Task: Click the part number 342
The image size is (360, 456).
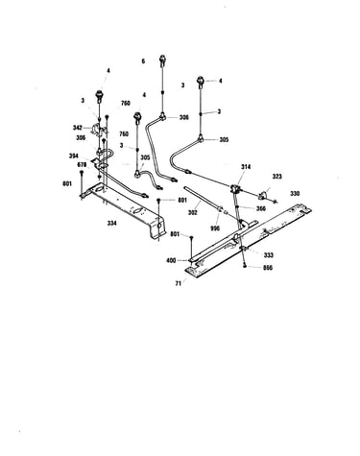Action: (78, 128)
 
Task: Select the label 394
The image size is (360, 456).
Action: (74, 156)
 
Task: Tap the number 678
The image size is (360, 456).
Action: (83, 164)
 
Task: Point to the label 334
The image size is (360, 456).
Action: (111, 223)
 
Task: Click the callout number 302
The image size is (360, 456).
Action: (193, 213)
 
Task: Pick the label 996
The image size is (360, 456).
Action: (215, 228)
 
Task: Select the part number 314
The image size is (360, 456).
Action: (246, 167)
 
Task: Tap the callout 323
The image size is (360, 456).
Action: (277, 176)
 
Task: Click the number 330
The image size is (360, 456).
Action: (295, 193)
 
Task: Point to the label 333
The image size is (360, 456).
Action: (269, 255)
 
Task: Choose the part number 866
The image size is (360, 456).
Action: (268, 268)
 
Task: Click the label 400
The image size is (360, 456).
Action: (171, 260)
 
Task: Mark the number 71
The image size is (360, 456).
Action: (179, 283)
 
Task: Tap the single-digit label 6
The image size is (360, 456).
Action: (143, 61)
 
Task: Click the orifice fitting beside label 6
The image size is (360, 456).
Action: (163, 60)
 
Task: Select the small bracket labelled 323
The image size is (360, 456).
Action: (263, 194)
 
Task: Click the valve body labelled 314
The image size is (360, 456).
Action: (236, 188)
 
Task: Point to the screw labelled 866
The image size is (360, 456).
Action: (245, 265)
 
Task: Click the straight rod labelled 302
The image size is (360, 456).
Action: (202, 199)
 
